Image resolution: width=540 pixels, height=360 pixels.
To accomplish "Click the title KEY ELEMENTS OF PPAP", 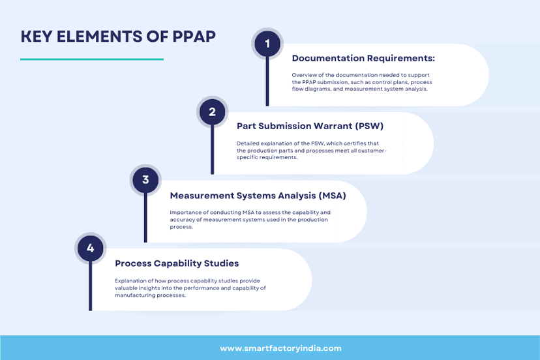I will point(118,36).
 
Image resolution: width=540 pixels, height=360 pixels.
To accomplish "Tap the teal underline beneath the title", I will point(91,59).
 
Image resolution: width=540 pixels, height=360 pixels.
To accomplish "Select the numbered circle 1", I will point(267,44).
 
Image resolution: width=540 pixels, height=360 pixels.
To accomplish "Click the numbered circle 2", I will point(212,112).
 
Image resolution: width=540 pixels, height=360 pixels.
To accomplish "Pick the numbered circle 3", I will point(145,180).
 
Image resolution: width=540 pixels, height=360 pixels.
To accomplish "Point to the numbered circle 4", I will point(90,248).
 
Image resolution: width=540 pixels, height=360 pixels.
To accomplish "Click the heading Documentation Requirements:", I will point(363,59).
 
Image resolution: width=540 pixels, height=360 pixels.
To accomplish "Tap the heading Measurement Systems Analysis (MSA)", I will point(258,195).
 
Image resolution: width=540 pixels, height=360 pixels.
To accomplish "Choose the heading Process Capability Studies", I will point(177,263).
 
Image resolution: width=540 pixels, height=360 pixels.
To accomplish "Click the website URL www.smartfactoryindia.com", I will point(280,348).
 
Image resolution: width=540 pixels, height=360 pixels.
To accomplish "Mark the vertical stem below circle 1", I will point(267,82).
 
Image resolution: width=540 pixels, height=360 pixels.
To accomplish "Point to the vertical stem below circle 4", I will point(90,287).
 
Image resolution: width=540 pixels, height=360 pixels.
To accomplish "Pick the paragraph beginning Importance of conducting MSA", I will point(250,219).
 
